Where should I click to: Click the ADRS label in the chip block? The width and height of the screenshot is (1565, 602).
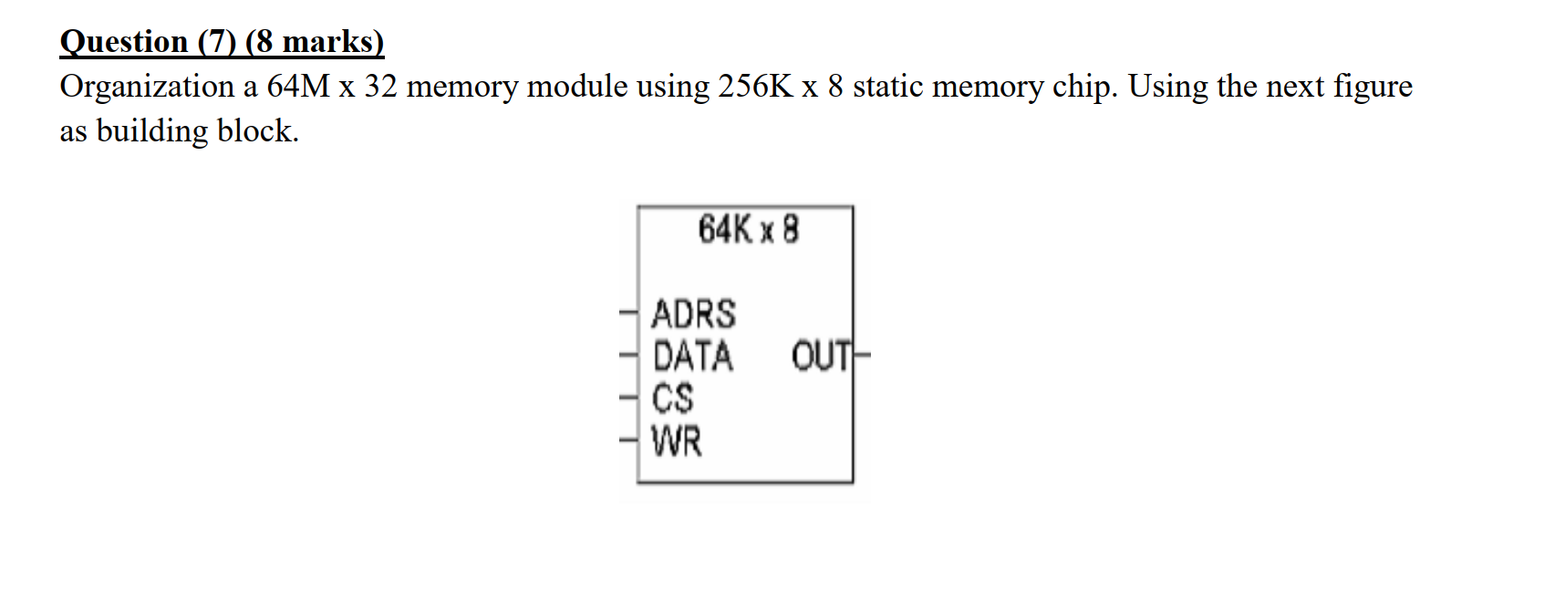point(693,314)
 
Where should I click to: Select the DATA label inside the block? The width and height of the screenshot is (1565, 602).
point(693,356)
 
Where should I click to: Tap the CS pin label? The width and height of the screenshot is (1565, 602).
point(673,398)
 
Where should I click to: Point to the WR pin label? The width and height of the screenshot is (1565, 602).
point(677,441)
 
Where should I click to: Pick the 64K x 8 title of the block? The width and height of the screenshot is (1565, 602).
point(748,229)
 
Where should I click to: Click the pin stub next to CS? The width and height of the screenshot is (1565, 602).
point(627,398)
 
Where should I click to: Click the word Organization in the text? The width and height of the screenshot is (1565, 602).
point(147,87)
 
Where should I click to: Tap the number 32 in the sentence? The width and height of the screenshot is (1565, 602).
point(381,87)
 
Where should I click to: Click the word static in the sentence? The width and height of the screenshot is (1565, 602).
point(887,87)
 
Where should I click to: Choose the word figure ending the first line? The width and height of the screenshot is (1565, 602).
point(1373,87)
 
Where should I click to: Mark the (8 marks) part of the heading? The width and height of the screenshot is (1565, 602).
point(315,42)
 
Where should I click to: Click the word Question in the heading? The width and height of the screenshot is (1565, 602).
point(124,42)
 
